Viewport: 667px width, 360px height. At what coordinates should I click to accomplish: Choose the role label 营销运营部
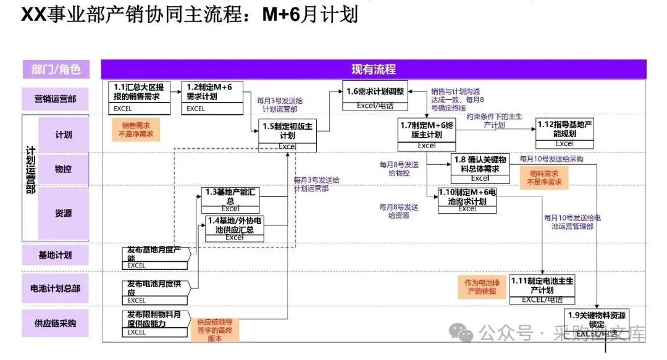pos(55,98)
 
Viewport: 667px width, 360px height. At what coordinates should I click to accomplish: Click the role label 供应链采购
pos(55,323)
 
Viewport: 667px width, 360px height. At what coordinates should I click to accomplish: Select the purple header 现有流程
pos(373,69)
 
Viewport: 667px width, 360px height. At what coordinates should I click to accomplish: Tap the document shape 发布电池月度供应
pos(157,291)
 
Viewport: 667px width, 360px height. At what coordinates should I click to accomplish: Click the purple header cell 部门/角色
pos(56,69)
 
